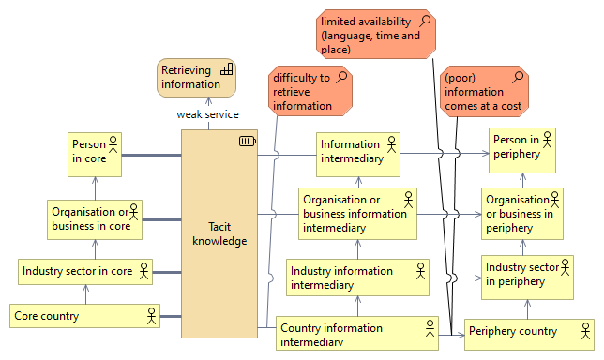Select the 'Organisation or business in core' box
[95, 219]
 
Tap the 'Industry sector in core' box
[85, 272]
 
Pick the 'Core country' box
[84, 316]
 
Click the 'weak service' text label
[207, 114]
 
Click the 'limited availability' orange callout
[378, 36]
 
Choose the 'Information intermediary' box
[358, 152]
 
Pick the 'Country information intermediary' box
[357, 334]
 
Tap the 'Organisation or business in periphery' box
[521, 213]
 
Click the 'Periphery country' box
[529, 331]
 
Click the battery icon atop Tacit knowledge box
[247, 142]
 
